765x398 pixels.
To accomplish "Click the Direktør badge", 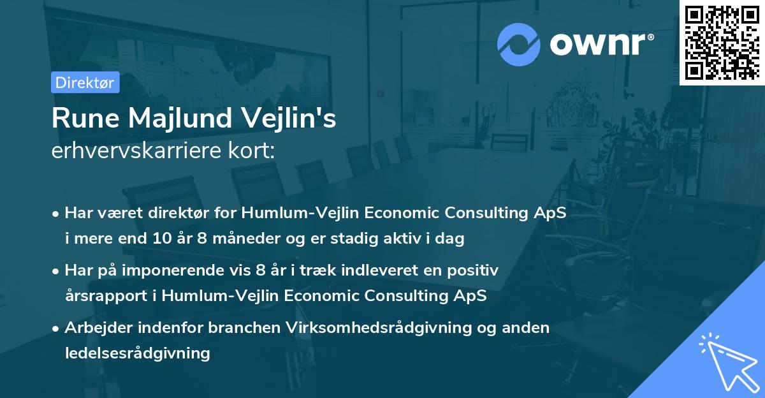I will point(85,82).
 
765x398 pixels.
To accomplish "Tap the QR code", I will point(722,42).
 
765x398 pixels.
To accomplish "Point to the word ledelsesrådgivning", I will point(137,352).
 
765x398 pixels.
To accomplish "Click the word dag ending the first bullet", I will point(451,239).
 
